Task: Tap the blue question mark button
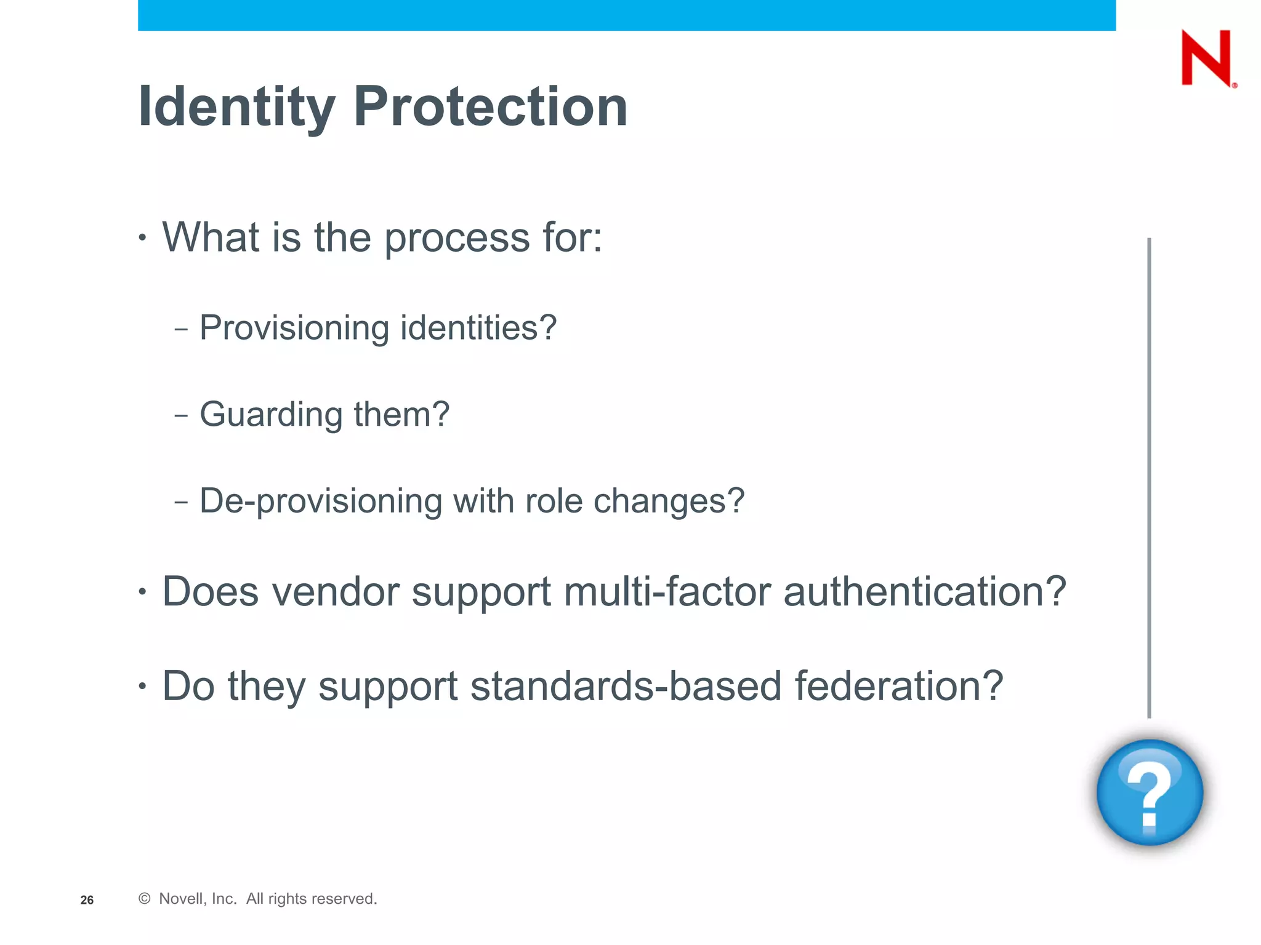click(1150, 792)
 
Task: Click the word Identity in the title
click(237, 107)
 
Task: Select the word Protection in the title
click(490, 107)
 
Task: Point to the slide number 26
click(87, 900)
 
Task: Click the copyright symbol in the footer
click(145, 899)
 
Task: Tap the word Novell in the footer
click(180, 899)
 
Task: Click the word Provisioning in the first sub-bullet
click(294, 328)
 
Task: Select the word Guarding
click(271, 415)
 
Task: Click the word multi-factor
click(667, 592)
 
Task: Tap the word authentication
click(924, 592)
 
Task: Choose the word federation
click(898, 687)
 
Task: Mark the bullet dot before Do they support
click(143, 686)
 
